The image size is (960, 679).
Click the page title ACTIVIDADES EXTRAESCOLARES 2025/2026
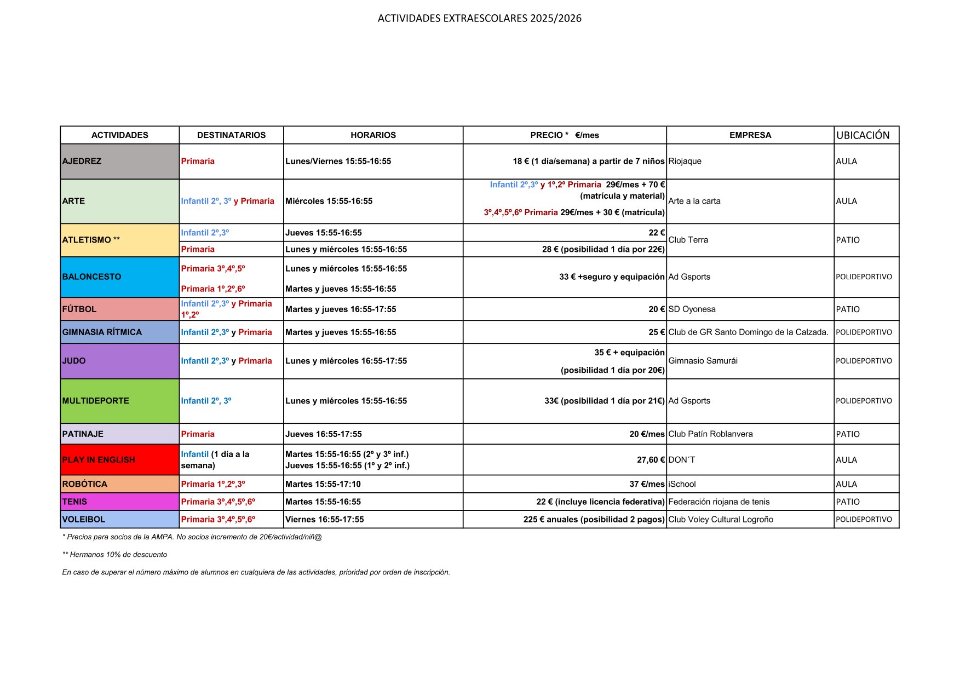(x=479, y=18)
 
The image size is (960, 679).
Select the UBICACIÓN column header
(x=863, y=135)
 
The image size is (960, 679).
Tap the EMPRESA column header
(x=750, y=135)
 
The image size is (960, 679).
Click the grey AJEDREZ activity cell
(x=119, y=162)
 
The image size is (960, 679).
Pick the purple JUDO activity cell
(x=119, y=361)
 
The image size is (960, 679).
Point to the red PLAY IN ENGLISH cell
(x=119, y=460)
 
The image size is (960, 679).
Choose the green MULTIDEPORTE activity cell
(x=119, y=401)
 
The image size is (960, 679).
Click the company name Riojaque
(x=685, y=162)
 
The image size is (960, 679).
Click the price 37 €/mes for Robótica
(x=647, y=484)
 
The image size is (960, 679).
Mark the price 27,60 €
(x=651, y=460)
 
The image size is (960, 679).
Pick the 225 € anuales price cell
(x=594, y=520)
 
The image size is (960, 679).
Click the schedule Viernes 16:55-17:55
(x=324, y=520)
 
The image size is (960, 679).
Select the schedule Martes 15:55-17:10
(x=323, y=484)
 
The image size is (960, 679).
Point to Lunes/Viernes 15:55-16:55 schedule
(x=338, y=162)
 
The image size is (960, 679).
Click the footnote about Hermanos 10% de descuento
(x=115, y=555)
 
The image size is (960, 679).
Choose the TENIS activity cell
(x=119, y=502)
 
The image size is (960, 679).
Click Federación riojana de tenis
(x=718, y=502)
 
